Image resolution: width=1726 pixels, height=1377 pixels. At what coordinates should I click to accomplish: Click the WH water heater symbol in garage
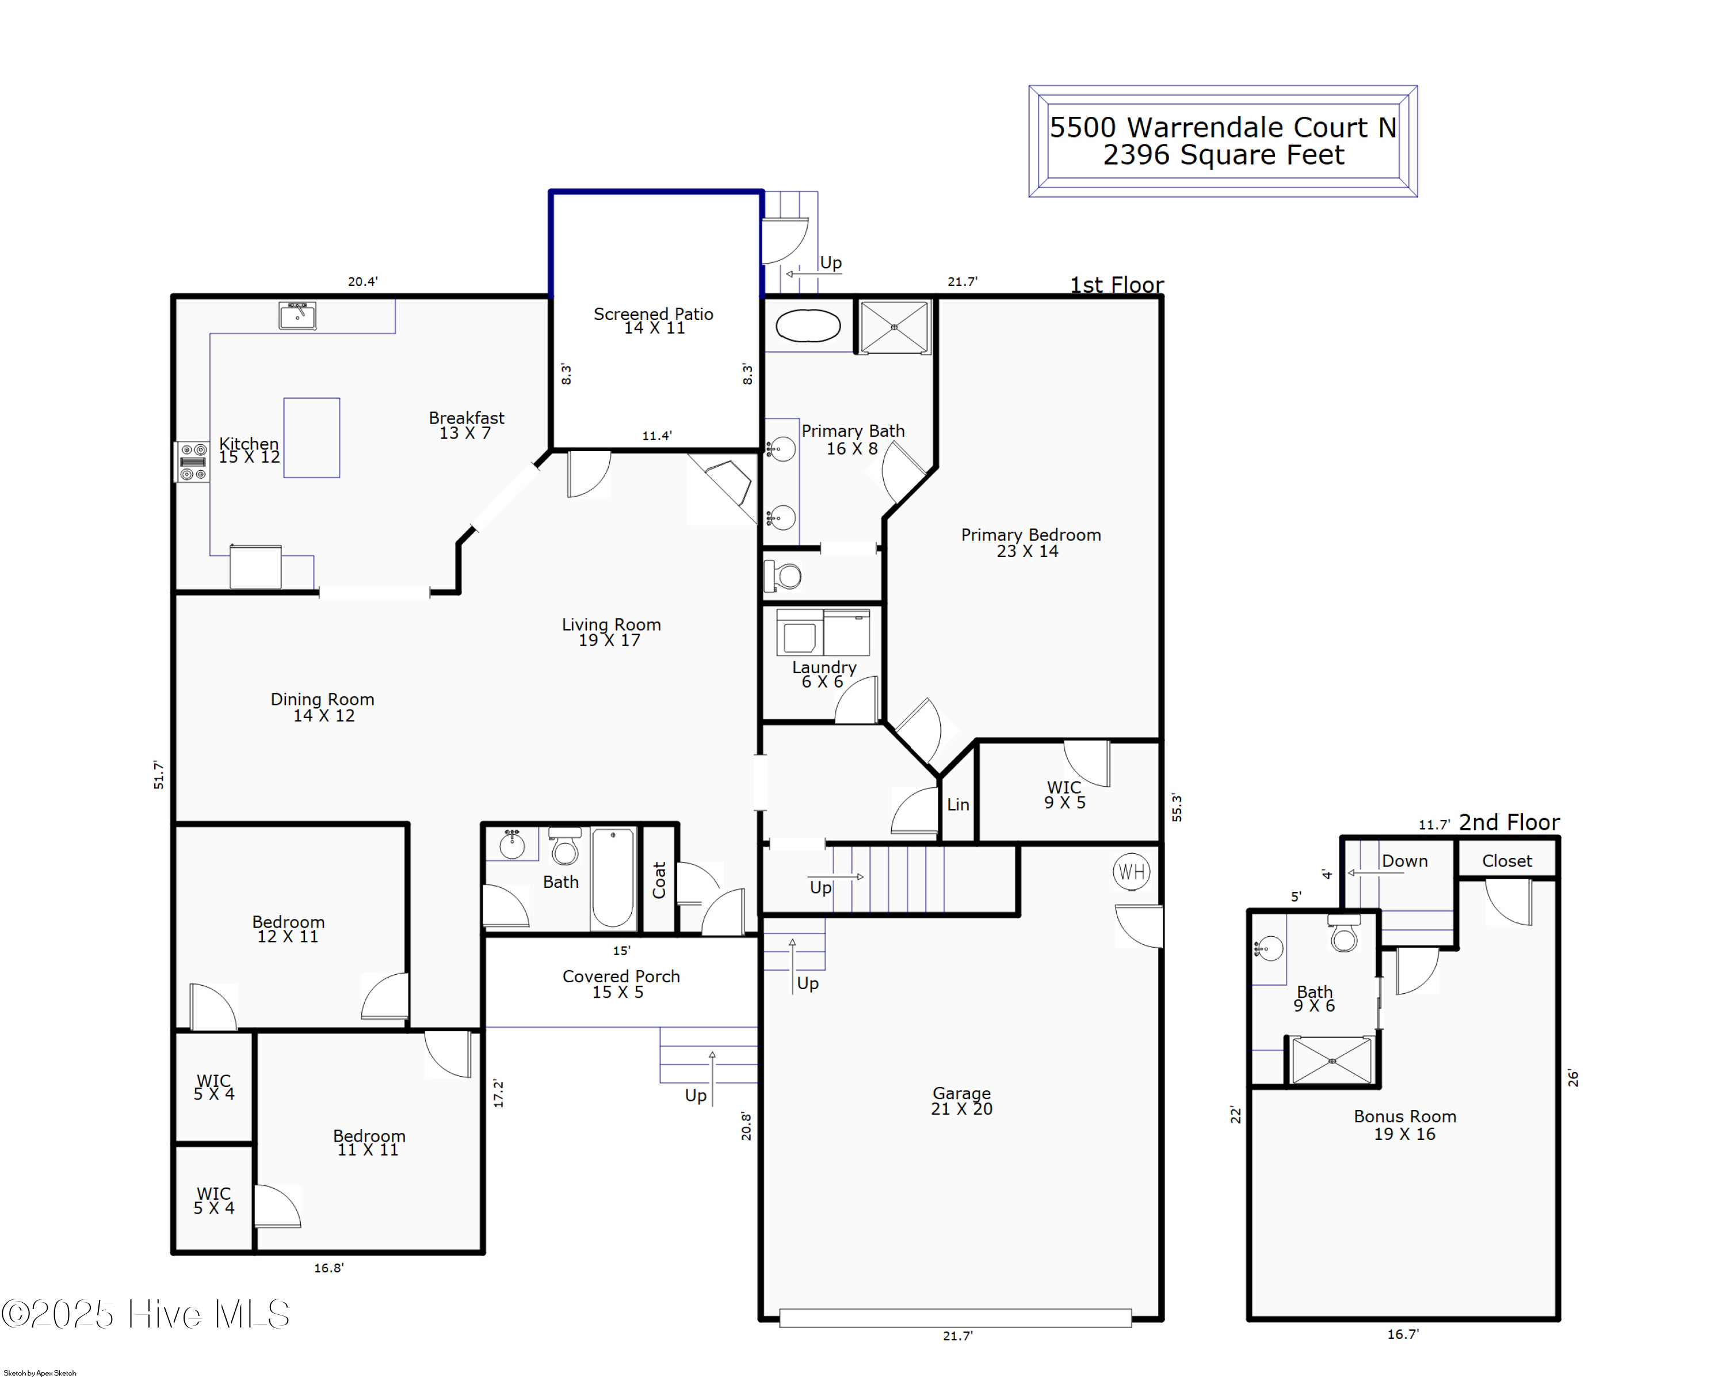[1131, 872]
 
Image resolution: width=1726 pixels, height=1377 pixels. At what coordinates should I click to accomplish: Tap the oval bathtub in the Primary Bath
[808, 326]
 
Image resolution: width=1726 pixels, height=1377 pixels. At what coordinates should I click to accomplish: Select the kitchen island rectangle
[311, 437]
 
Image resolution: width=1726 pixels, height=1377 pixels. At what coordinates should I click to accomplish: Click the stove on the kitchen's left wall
[192, 462]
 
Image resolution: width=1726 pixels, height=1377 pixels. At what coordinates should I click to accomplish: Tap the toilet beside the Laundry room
[784, 575]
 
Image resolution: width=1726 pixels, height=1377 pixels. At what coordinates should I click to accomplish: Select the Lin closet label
[957, 804]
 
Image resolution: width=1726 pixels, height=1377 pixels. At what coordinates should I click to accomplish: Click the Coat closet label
[659, 880]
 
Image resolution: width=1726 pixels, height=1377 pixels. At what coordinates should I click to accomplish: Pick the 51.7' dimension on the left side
[159, 775]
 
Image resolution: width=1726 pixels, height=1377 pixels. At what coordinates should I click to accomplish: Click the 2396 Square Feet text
[1223, 155]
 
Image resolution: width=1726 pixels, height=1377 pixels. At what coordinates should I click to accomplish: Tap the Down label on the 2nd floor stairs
[1404, 861]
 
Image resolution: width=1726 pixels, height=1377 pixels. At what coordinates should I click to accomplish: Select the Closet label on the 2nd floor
[1506, 861]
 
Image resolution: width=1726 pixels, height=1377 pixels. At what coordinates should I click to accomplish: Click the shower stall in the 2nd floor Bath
[1331, 1061]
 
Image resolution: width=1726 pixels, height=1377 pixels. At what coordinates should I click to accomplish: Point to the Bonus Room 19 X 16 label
[1404, 1125]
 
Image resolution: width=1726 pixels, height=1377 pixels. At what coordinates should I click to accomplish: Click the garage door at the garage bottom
[954, 1318]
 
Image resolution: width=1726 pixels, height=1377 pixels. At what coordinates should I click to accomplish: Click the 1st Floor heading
[1116, 285]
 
